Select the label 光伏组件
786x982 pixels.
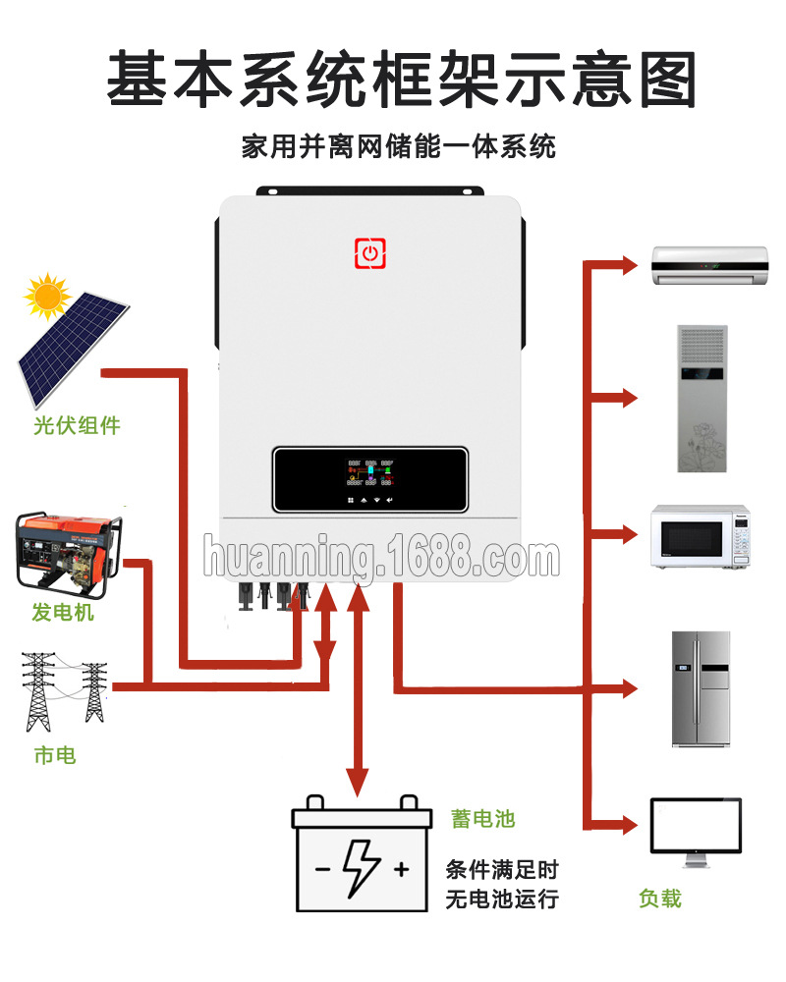pos(76,426)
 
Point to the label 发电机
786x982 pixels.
pos(63,613)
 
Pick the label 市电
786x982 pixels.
pos(54,755)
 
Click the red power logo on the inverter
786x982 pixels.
pos(369,252)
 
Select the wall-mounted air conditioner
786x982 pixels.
pos(708,265)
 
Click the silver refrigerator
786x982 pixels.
pos(702,687)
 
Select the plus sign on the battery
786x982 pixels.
pos(401,869)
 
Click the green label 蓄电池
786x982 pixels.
pos(482,819)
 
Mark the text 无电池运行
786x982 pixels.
pos(501,899)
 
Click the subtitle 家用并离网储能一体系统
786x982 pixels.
pos(398,147)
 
